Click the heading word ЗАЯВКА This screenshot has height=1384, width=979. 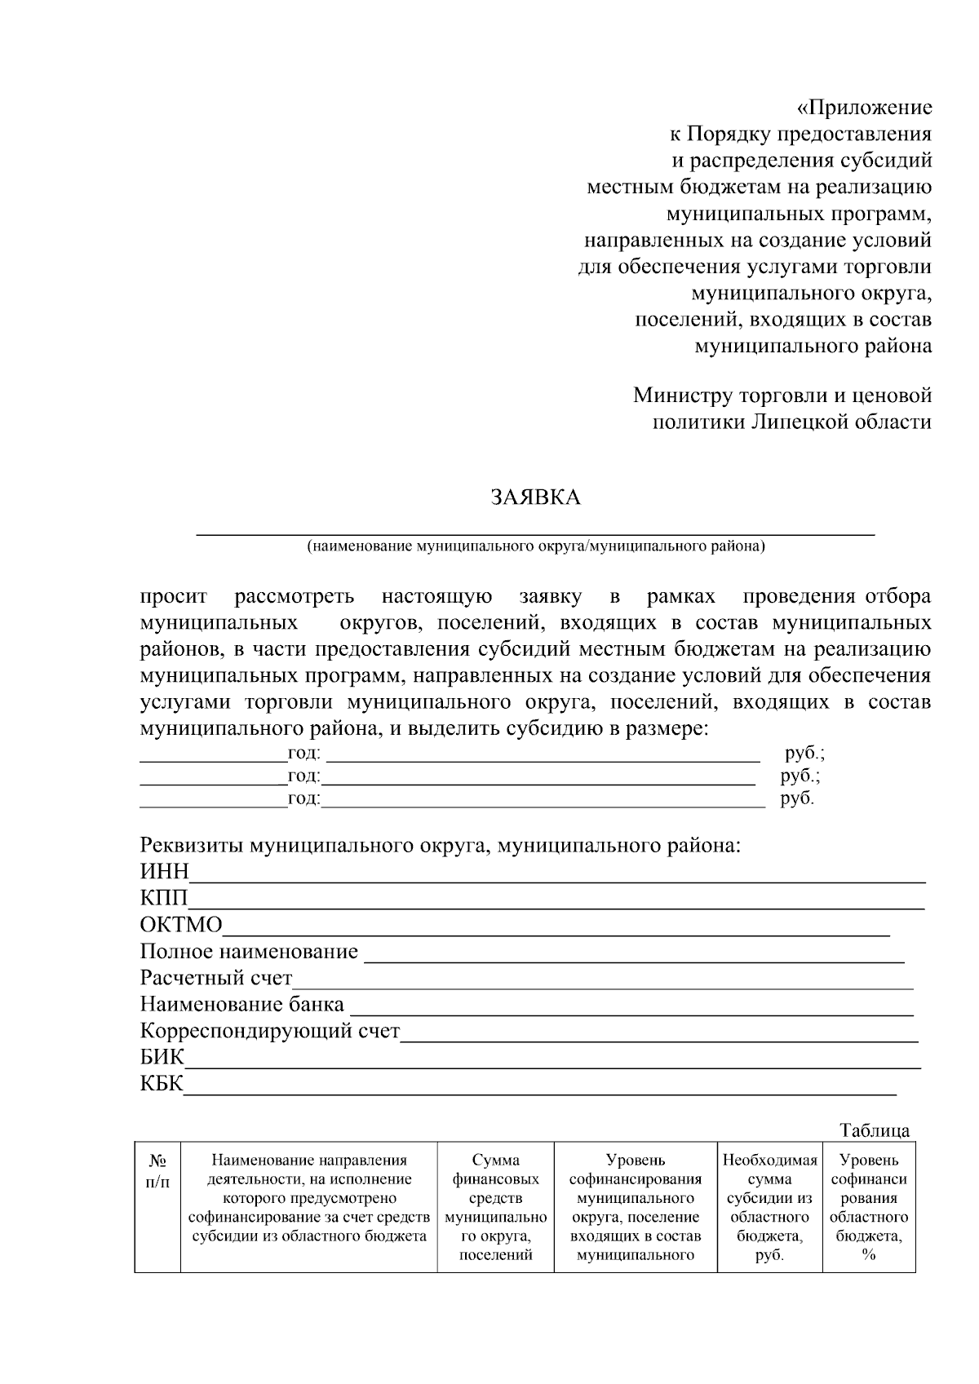tap(535, 497)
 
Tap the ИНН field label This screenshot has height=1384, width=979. tap(164, 872)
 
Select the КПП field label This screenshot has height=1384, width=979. tap(163, 898)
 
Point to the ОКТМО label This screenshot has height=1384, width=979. tap(180, 925)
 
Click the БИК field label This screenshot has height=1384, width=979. tap(162, 1058)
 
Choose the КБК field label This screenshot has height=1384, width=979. tap(162, 1085)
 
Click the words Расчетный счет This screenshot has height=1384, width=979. tap(216, 978)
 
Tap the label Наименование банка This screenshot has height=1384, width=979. tap(241, 1005)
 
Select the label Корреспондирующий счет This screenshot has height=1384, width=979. tap(270, 1032)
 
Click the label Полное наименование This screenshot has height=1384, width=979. tap(249, 952)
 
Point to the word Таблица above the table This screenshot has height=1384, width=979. tap(875, 1130)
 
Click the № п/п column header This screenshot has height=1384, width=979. tap(158, 1170)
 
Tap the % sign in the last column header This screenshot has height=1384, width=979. tap(868, 1255)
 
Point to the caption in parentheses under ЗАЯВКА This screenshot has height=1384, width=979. tap(536, 546)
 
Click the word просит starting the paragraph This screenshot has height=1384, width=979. tap(174, 597)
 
